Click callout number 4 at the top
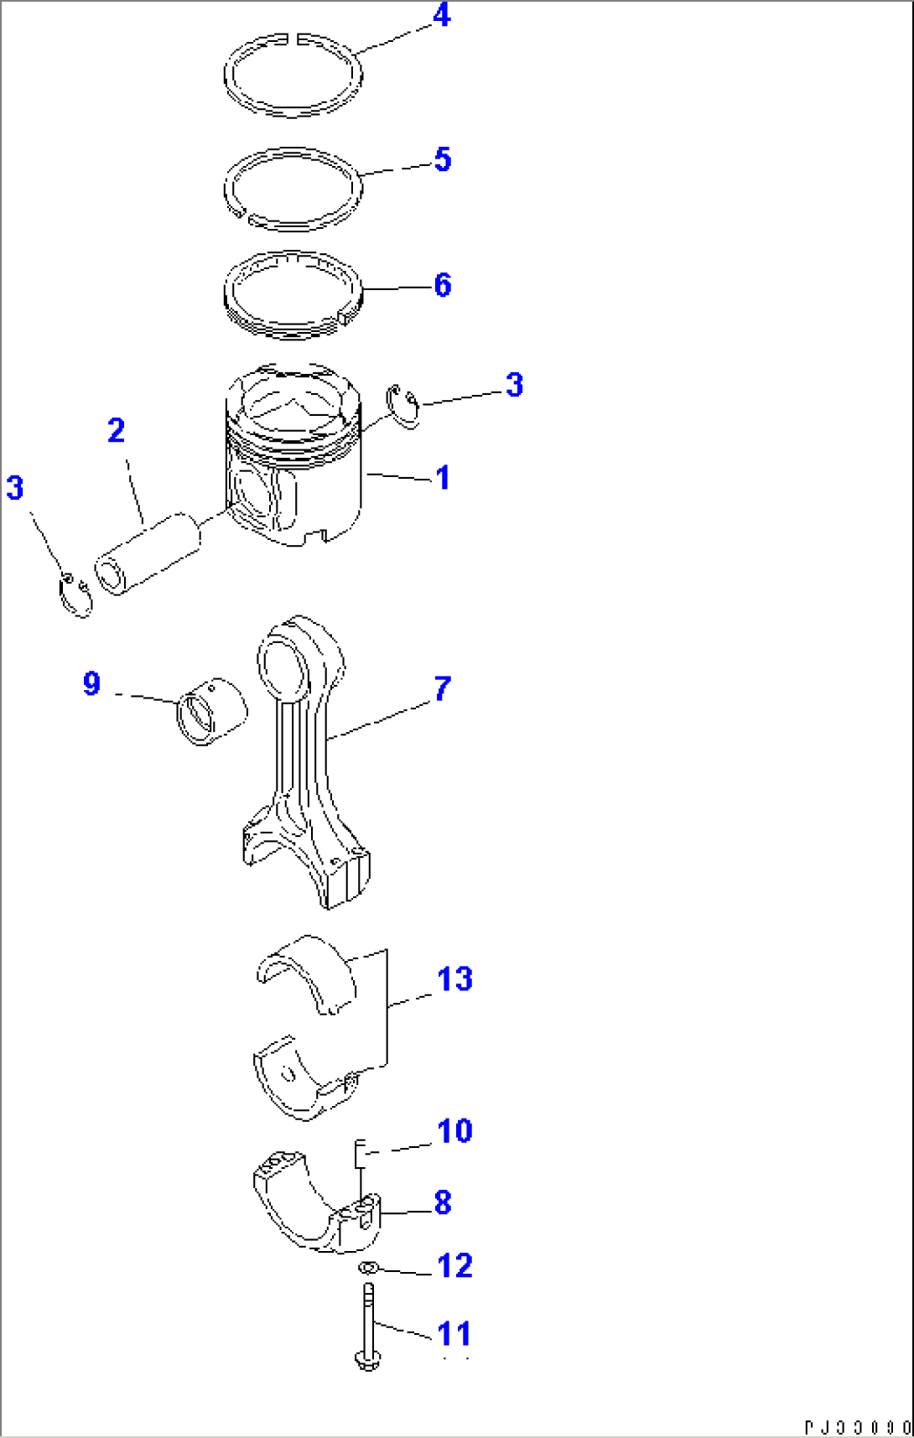tap(442, 15)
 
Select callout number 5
tap(443, 159)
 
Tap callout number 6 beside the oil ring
tap(443, 285)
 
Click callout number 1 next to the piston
tap(443, 478)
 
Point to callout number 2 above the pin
tap(117, 431)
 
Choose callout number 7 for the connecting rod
tap(443, 689)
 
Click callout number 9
tap(92, 683)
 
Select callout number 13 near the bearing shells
tap(454, 979)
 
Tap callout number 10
tap(454, 1131)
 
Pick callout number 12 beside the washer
tap(454, 1266)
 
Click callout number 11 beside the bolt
tap(454, 1334)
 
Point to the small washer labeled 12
tap(367, 1267)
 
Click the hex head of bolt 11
tap(366, 1359)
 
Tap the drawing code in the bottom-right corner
tap(857, 1427)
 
